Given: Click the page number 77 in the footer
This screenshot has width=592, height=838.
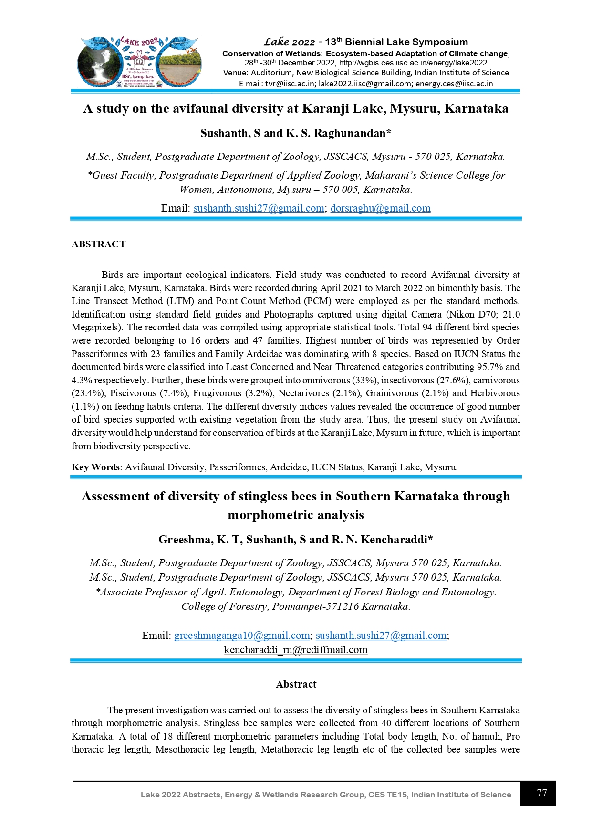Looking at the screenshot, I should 541,793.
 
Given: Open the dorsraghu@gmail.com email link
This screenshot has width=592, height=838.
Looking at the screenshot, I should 380,208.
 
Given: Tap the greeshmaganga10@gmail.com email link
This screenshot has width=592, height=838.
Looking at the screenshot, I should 242,636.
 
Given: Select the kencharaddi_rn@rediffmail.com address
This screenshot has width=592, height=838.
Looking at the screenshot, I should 296,650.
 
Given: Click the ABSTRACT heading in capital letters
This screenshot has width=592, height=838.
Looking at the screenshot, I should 98,244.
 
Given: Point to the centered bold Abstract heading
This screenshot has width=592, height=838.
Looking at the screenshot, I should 296,684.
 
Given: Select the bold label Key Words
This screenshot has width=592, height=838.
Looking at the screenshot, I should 95,467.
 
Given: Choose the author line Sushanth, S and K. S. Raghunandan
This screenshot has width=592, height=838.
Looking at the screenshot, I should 296,133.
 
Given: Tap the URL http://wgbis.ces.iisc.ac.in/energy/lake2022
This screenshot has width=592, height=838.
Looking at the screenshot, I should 413,63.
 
